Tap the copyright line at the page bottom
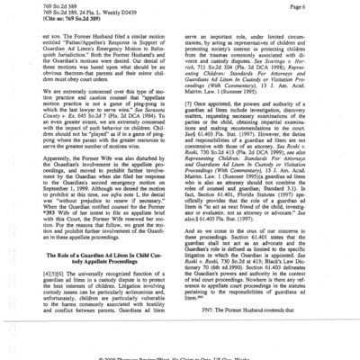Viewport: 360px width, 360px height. pyautogui.click(x=180, y=356)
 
